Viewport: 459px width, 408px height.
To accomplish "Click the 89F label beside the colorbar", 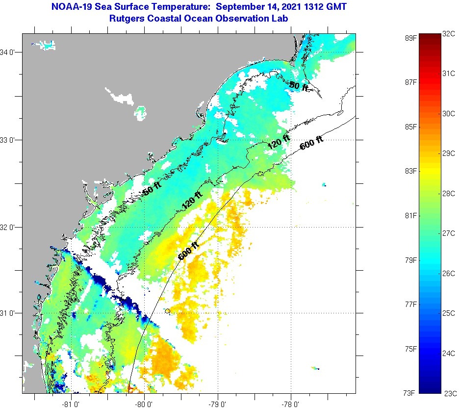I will click(x=410, y=38).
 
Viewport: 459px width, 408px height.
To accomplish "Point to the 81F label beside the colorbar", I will click(x=410, y=215).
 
